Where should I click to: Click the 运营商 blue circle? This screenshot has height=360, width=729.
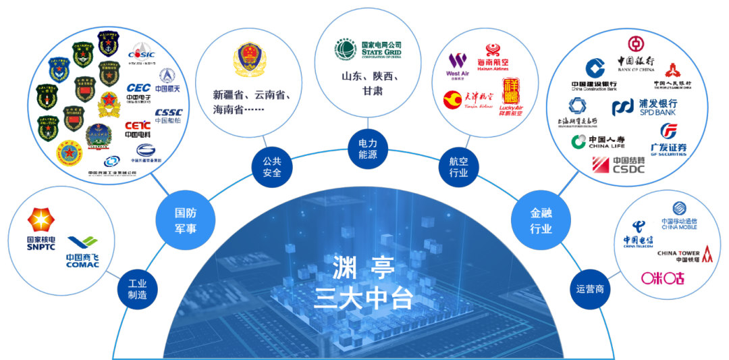click(x=589, y=289)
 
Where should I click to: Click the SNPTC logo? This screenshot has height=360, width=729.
click(x=41, y=230)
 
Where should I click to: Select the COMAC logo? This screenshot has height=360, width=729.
click(x=83, y=250)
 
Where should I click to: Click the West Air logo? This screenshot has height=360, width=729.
click(x=458, y=64)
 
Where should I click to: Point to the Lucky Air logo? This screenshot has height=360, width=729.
click(x=511, y=98)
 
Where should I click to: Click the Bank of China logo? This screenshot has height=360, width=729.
click(x=635, y=55)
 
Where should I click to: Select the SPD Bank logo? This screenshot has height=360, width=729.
click(x=645, y=107)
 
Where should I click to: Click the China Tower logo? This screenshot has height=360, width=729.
click(x=684, y=255)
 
